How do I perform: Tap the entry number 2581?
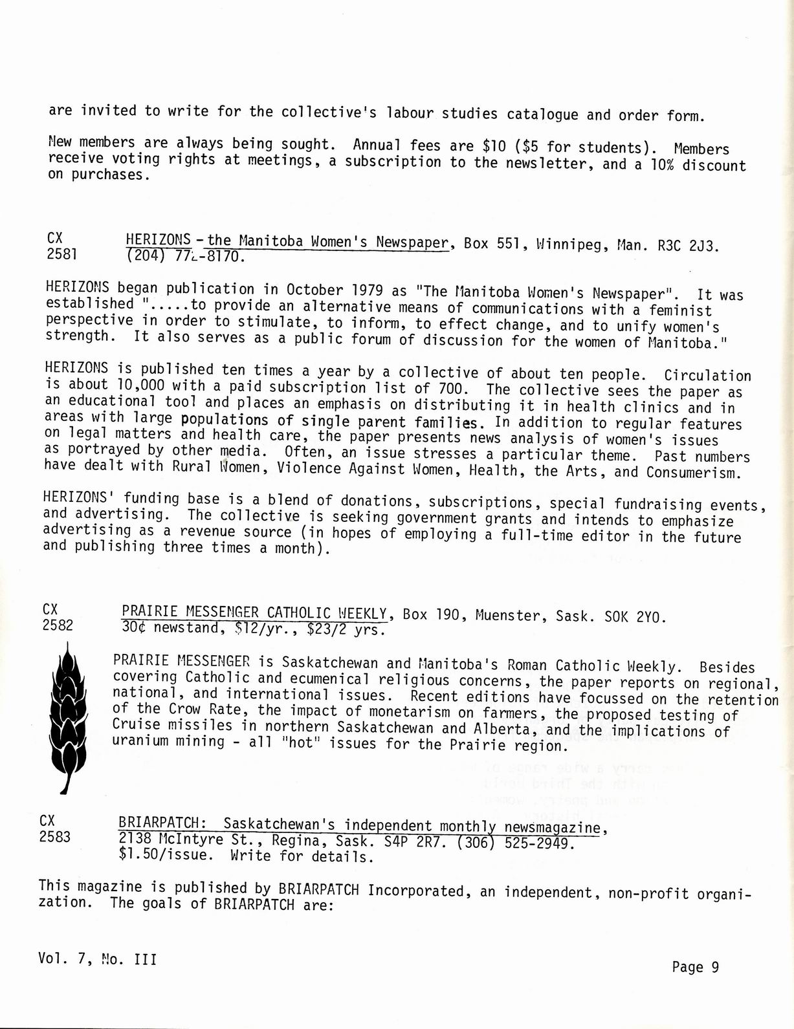62,254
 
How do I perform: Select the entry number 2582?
58,625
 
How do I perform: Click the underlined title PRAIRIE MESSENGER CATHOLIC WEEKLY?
254,612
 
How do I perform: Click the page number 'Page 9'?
696,967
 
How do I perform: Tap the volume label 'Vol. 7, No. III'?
97,959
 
